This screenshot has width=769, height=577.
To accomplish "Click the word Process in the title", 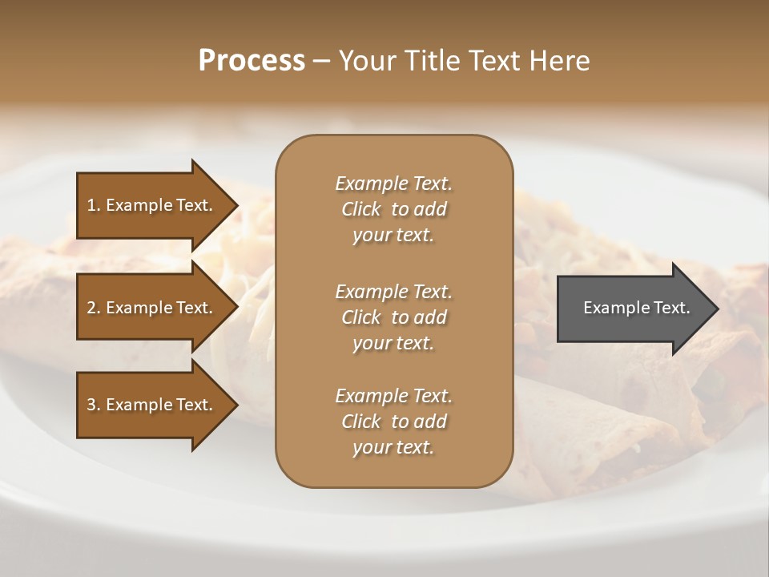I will pos(252,61).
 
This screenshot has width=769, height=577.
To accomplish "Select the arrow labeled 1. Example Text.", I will pos(152,205).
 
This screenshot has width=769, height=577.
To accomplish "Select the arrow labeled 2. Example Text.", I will pos(152,308).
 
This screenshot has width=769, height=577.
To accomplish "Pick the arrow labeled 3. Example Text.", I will pos(152,405).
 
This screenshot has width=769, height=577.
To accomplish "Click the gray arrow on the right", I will pos(633,308).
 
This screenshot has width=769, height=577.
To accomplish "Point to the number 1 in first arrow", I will pos(91,205).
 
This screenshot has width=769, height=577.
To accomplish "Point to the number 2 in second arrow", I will pos(91,308).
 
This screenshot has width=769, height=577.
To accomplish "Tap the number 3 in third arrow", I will pos(91,405).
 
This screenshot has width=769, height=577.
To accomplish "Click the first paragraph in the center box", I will pos(393,209).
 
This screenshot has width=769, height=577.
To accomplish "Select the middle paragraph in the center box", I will pos(393,317).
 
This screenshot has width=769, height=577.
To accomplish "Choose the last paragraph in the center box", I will pos(393,421).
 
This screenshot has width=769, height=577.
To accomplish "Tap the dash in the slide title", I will pos(321,62).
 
